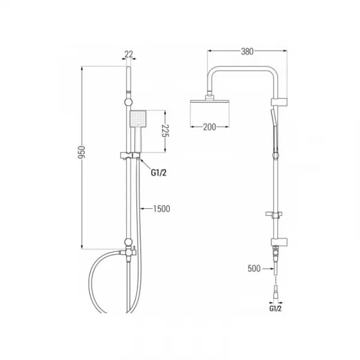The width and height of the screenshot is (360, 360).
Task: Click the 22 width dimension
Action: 129,54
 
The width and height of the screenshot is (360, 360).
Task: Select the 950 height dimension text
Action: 82,152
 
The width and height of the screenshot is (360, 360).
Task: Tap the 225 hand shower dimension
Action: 165,131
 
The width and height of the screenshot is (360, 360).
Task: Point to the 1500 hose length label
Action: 161,209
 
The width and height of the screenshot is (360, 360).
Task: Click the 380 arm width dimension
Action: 247,52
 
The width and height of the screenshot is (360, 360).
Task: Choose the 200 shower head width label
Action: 209,127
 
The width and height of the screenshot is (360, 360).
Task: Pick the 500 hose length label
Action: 254,268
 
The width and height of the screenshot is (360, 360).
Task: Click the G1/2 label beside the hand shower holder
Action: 158,172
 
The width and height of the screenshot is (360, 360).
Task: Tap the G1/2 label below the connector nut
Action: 275,308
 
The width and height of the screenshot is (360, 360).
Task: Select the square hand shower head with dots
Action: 138,119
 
